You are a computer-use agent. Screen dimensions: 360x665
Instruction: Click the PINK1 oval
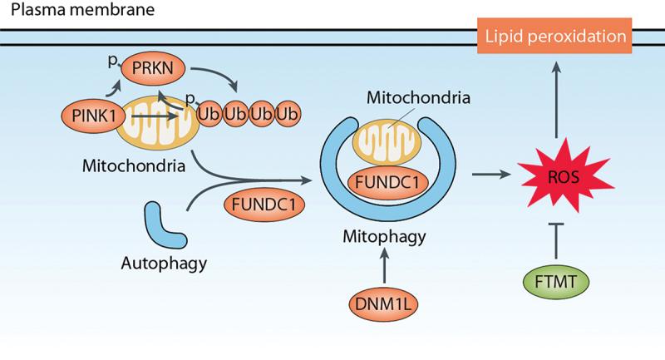(x=91, y=111)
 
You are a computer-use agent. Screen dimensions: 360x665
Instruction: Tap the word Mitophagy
(x=384, y=237)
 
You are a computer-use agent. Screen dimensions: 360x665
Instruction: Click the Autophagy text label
(x=162, y=264)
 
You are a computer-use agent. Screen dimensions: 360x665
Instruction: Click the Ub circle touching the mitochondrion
(x=210, y=112)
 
